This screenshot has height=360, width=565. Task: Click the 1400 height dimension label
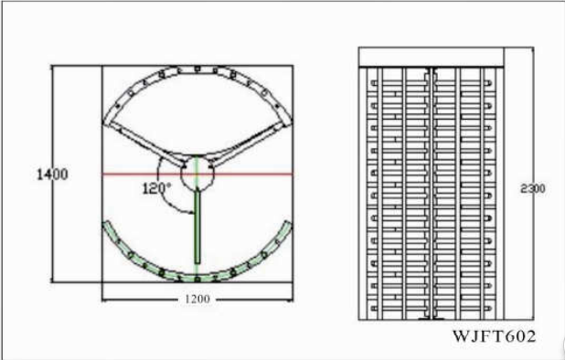pyautogui.click(x=52, y=174)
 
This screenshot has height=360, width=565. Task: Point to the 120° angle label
pyautogui.click(x=156, y=188)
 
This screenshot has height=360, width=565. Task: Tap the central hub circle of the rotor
pyautogui.click(x=197, y=173)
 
